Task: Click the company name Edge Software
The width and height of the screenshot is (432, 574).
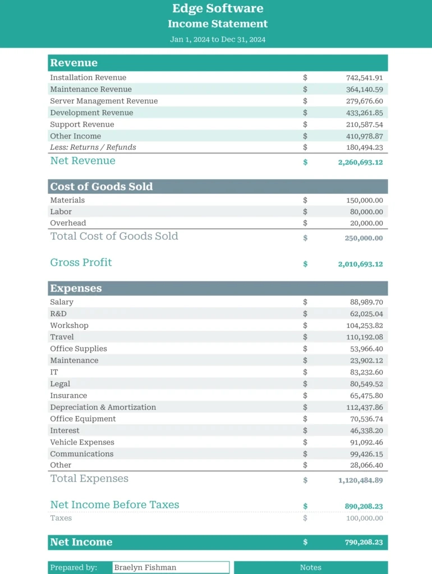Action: tap(218, 8)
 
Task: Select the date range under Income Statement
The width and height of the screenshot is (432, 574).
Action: tap(218, 40)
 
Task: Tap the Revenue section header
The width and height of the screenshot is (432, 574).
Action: tap(73, 63)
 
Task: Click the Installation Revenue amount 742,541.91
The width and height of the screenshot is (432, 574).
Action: tap(364, 78)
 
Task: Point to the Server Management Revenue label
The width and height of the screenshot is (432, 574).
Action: tap(104, 101)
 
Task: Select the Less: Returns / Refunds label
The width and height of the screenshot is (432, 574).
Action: tap(93, 147)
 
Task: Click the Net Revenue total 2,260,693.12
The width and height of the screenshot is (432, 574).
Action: tap(360, 162)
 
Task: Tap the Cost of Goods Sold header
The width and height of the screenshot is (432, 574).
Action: tap(102, 187)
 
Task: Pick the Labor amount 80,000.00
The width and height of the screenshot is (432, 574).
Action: tap(367, 212)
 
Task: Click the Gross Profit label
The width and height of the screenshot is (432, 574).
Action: tap(81, 262)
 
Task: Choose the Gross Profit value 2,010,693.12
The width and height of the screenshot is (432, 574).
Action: tap(360, 264)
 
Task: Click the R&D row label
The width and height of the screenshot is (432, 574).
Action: tap(58, 313)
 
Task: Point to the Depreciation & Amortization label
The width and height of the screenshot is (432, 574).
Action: tap(103, 407)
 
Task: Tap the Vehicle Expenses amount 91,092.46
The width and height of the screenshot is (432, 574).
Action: tap(366, 442)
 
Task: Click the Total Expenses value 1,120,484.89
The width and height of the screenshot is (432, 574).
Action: tap(360, 480)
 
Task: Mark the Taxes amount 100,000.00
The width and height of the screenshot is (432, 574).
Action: tap(364, 519)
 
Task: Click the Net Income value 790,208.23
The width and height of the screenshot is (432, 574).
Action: tap(364, 543)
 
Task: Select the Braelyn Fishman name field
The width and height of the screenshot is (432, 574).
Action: tap(171, 567)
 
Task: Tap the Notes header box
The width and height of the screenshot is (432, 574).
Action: tap(310, 567)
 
